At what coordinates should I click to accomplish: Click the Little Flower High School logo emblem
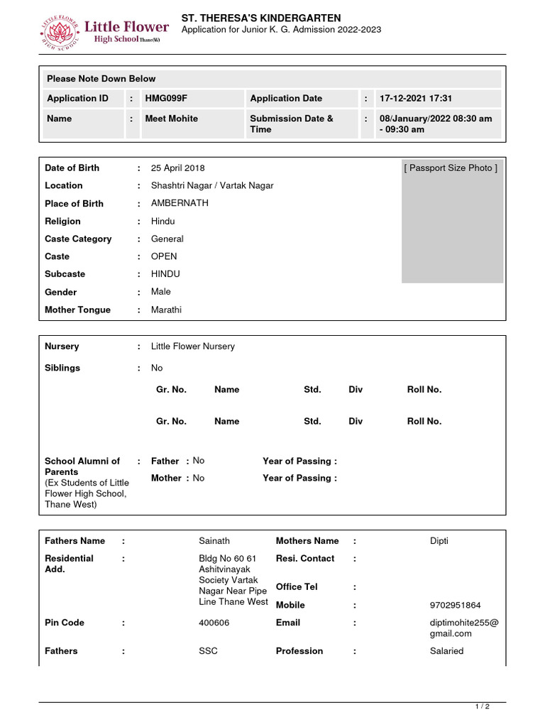click(x=60, y=32)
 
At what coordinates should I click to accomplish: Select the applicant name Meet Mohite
click(x=172, y=119)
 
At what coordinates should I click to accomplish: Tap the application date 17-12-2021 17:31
click(x=415, y=99)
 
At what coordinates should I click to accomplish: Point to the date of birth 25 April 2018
click(x=177, y=168)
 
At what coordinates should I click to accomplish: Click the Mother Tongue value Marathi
click(x=167, y=310)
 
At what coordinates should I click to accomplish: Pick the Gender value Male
click(x=161, y=292)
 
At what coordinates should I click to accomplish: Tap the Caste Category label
click(x=78, y=239)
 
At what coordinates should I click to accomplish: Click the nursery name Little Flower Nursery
click(x=192, y=346)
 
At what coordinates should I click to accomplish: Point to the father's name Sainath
click(x=214, y=541)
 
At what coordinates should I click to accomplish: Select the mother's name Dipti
click(x=439, y=541)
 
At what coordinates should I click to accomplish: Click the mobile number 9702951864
click(x=455, y=606)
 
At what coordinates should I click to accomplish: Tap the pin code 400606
click(x=214, y=623)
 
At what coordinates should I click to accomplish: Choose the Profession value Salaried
click(x=446, y=651)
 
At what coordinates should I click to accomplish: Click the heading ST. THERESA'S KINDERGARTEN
click(x=261, y=18)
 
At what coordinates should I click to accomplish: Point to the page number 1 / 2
click(x=483, y=707)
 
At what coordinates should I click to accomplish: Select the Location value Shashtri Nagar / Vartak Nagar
click(x=212, y=185)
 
